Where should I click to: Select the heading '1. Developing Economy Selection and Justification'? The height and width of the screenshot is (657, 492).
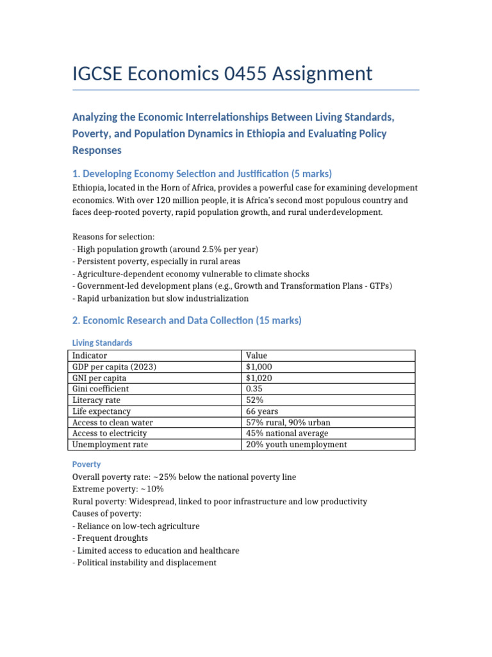[202, 174]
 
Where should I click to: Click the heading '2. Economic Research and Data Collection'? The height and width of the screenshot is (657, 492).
[186, 320]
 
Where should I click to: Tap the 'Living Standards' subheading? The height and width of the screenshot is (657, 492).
[102, 343]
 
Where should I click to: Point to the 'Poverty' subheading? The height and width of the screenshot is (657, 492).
[86, 464]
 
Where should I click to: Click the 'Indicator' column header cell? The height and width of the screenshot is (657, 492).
[90, 355]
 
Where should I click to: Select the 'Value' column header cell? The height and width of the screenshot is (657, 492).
[257, 355]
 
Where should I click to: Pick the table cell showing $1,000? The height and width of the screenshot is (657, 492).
[259, 366]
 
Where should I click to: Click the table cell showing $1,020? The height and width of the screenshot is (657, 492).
[259, 378]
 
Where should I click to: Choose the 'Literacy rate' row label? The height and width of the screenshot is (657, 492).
[97, 400]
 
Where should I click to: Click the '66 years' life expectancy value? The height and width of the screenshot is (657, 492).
[262, 411]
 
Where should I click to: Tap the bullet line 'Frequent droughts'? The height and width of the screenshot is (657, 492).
[110, 538]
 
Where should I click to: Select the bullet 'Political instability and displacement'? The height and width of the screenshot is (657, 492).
[144, 563]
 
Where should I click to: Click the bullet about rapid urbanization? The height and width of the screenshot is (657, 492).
[160, 298]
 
